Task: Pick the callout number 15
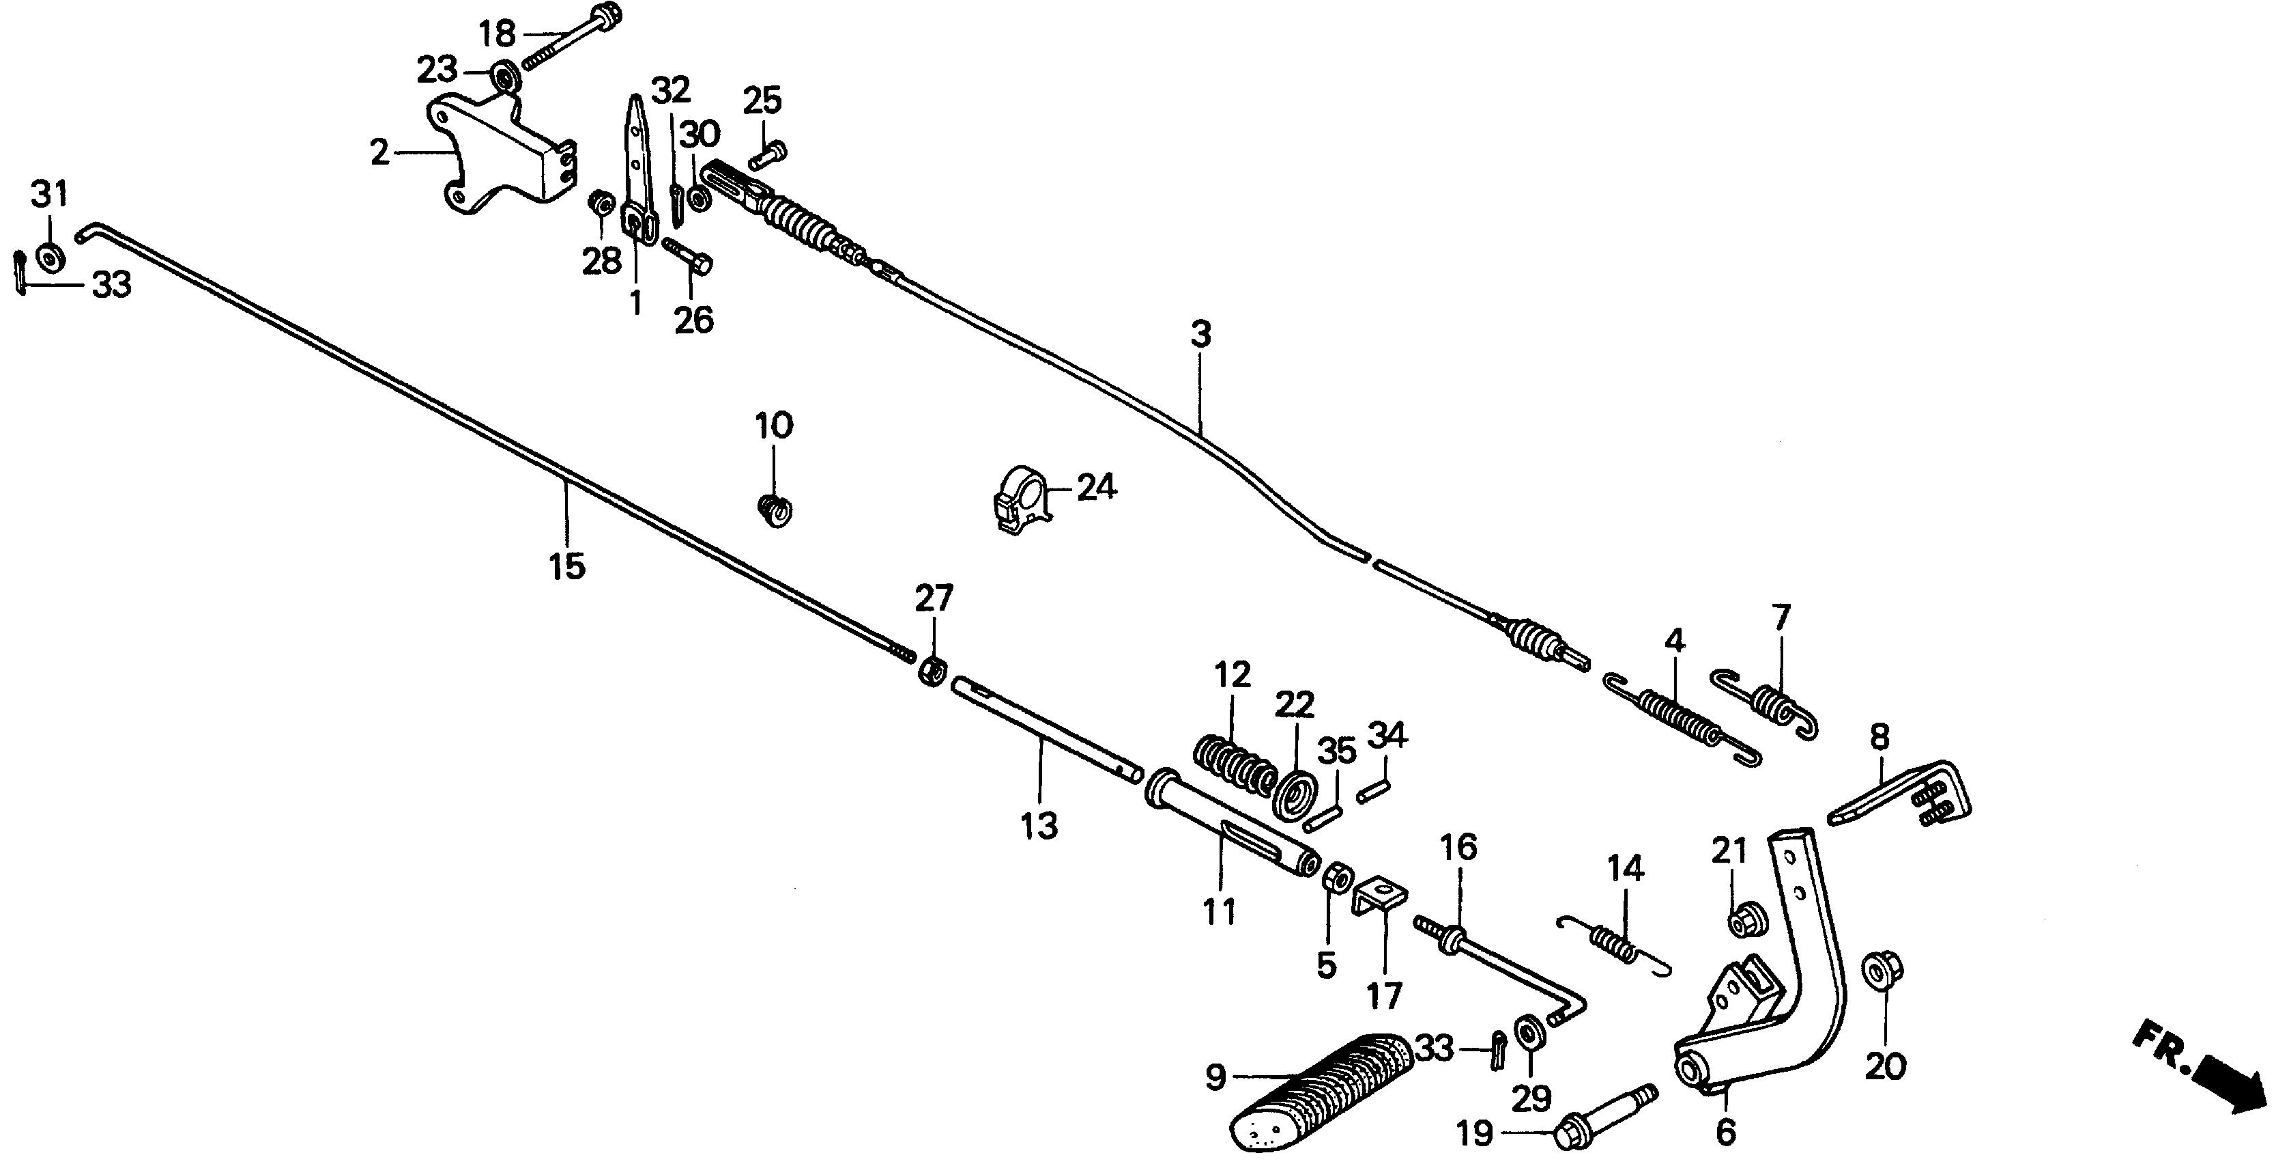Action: tap(566, 566)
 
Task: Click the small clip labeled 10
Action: tap(775, 510)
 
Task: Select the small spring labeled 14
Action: tap(1613, 941)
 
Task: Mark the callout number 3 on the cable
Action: tap(1199, 336)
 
